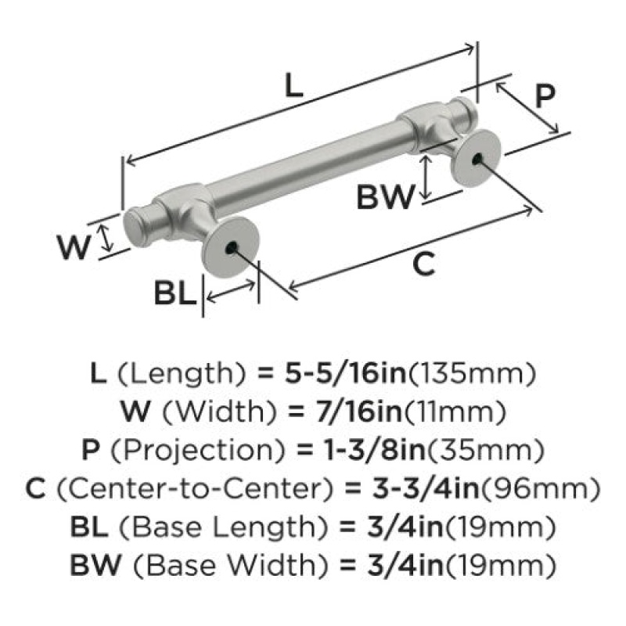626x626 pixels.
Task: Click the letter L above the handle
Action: click(x=294, y=86)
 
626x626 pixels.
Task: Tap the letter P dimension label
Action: click(x=545, y=96)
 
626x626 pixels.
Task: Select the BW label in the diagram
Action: click(x=385, y=197)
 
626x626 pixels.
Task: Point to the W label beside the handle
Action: click(x=74, y=247)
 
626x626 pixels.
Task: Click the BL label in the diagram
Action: click(x=175, y=293)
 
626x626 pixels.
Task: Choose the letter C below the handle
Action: click(x=423, y=264)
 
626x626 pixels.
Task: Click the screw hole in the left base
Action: click(x=230, y=248)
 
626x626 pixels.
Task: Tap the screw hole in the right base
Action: click(x=477, y=160)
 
